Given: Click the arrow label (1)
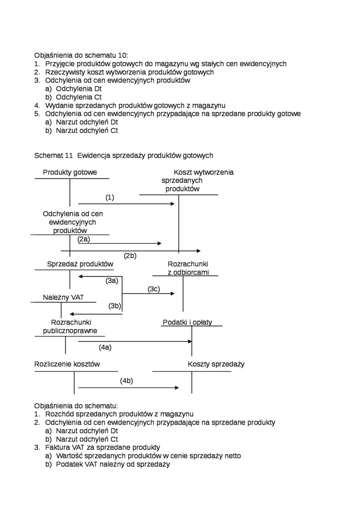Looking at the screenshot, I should [x=110, y=197].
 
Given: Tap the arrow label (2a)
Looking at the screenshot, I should [x=84, y=239].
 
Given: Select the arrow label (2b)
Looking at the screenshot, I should [x=130, y=256].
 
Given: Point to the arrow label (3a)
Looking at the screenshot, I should [x=112, y=281].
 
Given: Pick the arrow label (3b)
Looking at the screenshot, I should [x=115, y=306].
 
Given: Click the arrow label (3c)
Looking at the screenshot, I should [x=153, y=289].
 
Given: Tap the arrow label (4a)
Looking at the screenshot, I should [x=105, y=347].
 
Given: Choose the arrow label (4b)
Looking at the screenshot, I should [x=126, y=381].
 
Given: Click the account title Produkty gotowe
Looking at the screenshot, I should [x=70, y=172].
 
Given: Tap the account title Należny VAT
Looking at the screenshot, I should [x=63, y=298].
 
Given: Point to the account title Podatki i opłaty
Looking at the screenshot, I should [x=187, y=322].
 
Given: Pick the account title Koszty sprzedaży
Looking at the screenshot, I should [x=216, y=364].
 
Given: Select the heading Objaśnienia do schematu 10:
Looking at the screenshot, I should [x=81, y=55].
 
